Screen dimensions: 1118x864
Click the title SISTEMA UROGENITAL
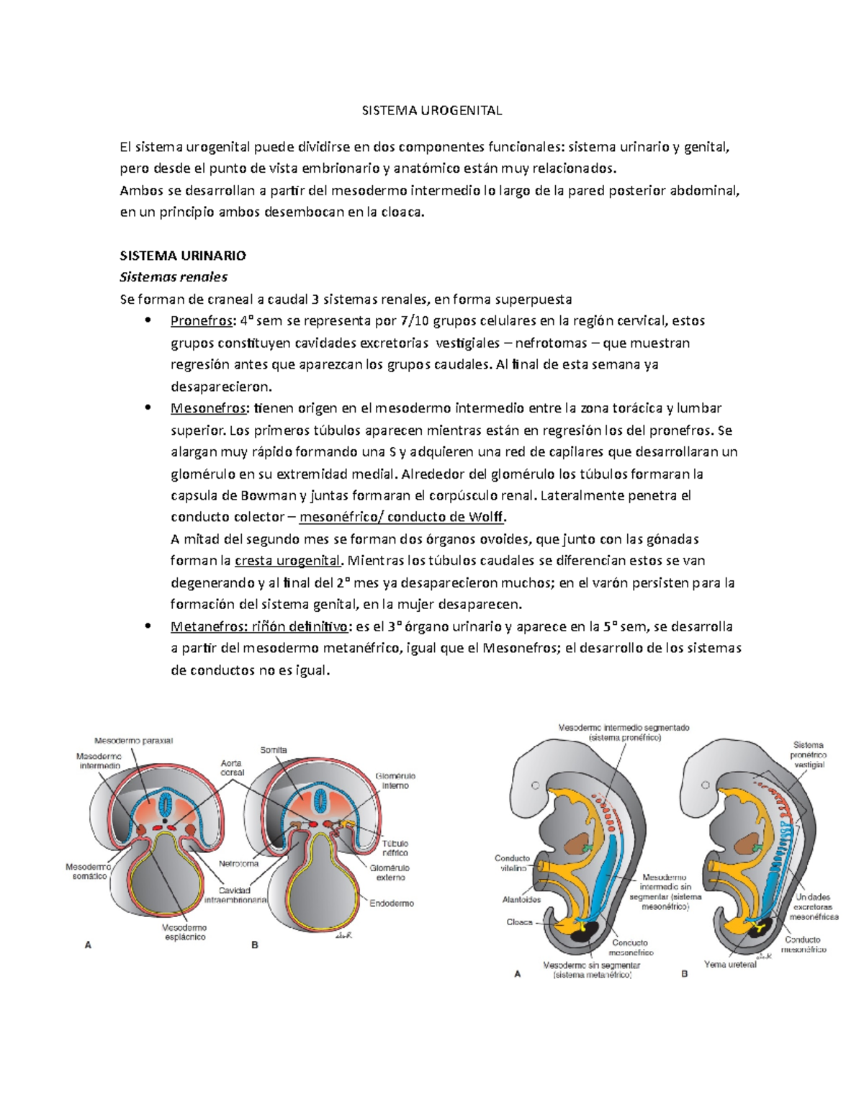[431, 110]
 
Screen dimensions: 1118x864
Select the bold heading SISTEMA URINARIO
[183, 256]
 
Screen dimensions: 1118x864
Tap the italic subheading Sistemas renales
[174, 277]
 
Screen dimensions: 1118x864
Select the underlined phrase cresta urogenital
[287, 561]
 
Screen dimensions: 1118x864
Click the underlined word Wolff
[487, 517]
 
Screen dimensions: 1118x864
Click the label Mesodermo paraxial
[133, 740]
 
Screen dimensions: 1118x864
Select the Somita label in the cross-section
[274, 750]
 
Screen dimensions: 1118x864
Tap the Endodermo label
[392, 903]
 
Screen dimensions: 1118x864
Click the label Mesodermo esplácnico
[184, 932]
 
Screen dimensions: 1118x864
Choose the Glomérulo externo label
[390, 873]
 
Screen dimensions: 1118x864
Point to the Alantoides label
[521, 899]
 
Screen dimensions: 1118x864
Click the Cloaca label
[519, 921]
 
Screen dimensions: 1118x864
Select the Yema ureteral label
[730, 964]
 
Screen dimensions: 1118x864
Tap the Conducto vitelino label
[512, 863]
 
